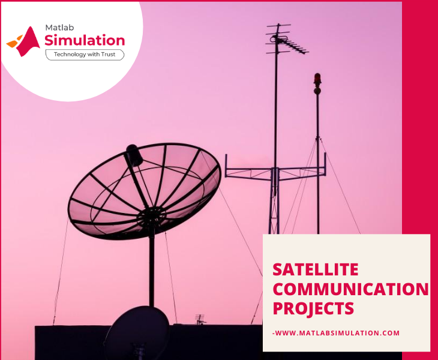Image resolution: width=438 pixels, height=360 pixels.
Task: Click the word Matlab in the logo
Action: click(x=59, y=28)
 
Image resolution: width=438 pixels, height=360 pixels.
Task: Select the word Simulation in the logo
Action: click(x=85, y=40)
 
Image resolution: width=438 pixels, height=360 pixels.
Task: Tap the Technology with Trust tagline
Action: click(x=85, y=55)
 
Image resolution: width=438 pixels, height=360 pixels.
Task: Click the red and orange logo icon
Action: click(x=23, y=41)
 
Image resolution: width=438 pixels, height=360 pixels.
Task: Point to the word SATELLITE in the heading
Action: click(x=316, y=269)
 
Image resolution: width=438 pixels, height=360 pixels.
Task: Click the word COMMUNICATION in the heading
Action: click(x=350, y=289)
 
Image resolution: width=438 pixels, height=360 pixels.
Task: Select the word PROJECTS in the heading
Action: click(x=313, y=308)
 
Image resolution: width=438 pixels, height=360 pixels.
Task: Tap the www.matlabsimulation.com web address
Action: click(x=336, y=333)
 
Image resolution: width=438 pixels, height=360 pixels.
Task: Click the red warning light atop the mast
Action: click(x=317, y=79)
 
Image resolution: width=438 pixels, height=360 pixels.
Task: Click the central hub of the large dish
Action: click(x=151, y=217)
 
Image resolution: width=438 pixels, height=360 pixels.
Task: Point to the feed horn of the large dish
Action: click(x=134, y=155)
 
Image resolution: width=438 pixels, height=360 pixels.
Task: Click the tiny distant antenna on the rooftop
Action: click(x=200, y=319)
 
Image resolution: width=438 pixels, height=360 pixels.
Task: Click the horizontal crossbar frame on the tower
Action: click(x=275, y=169)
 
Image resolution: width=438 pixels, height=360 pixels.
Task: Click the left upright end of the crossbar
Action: click(x=226, y=166)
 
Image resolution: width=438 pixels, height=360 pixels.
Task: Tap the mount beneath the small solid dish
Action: click(x=139, y=352)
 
